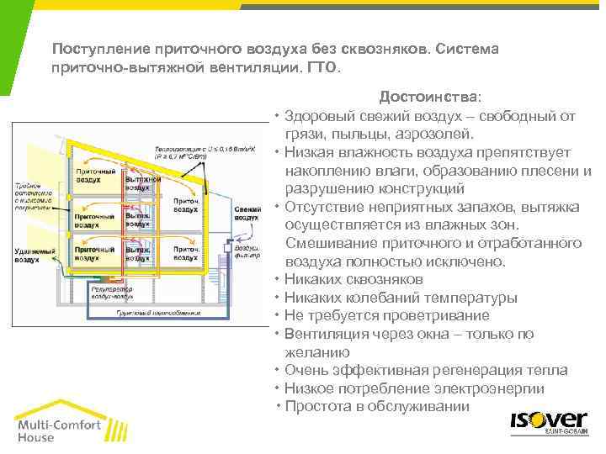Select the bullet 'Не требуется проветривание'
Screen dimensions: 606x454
(x=386, y=315)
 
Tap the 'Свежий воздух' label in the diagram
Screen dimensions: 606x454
(x=247, y=213)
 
